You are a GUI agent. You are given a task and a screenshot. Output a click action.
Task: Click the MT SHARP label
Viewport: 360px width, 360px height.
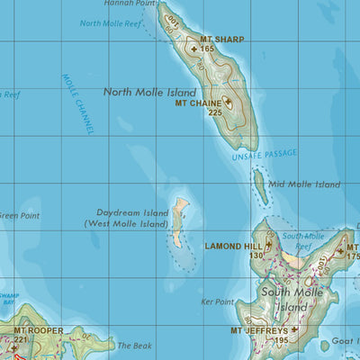(221, 40)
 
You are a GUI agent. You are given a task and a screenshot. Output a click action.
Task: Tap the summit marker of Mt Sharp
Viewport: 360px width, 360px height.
(193, 49)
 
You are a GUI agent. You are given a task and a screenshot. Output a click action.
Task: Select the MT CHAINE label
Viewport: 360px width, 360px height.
(198, 103)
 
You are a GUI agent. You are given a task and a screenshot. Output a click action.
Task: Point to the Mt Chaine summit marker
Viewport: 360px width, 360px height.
(228, 103)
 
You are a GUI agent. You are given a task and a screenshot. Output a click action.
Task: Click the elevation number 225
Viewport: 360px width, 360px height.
(214, 113)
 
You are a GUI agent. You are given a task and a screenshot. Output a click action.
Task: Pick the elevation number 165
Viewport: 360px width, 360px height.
(208, 49)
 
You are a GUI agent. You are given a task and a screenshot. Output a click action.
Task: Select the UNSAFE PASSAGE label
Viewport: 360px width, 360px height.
(265, 155)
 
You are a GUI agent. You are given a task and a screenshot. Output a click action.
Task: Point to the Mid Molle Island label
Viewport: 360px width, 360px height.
(304, 184)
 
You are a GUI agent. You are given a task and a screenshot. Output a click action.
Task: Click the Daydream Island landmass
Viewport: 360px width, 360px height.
(180, 220)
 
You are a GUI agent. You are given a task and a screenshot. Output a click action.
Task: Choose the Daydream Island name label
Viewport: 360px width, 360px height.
(126, 218)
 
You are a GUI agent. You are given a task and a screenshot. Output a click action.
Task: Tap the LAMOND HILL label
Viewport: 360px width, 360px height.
(234, 246)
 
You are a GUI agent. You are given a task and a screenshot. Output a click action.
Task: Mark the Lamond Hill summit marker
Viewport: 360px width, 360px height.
(268, 244)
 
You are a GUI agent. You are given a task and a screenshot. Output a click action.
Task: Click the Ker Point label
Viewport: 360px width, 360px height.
(218, 301)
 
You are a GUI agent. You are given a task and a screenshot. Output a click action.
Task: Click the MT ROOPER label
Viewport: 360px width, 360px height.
(38, 330)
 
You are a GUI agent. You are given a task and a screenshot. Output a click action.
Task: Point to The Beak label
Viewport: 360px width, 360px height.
(136, 346)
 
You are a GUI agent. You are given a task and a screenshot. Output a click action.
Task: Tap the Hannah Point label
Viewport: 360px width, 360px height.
(123, 4)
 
